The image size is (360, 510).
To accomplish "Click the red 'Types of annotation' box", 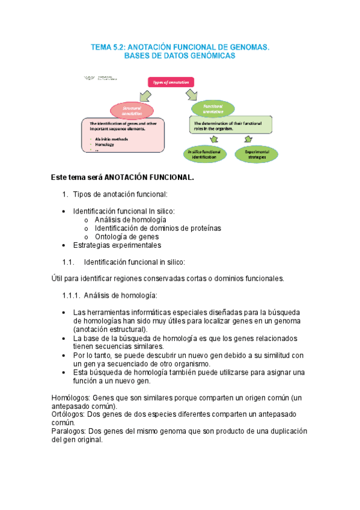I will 171,82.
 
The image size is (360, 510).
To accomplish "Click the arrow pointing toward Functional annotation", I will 192,94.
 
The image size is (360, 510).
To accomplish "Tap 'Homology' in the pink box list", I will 105,144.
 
